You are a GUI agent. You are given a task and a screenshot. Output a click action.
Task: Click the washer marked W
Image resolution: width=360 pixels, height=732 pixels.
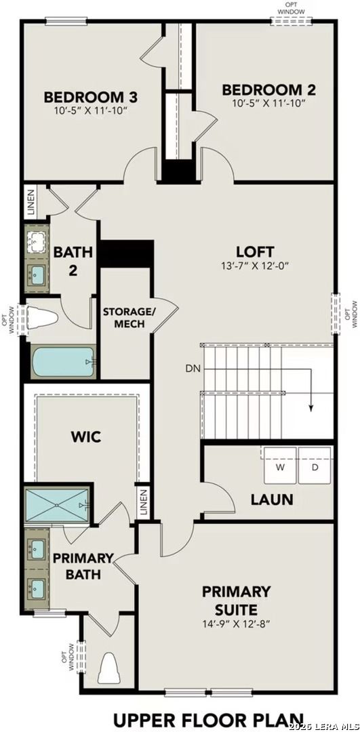coord(280,467)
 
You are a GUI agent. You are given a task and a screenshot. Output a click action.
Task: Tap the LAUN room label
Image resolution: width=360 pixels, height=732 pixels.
coord(271,500)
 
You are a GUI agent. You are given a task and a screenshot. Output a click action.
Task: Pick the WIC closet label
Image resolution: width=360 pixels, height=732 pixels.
coord(85,436)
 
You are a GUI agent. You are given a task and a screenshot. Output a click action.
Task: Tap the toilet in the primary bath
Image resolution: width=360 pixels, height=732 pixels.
coord(108,669)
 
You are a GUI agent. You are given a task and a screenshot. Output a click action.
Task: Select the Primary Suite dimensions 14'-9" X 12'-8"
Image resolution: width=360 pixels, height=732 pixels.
coord(236,624)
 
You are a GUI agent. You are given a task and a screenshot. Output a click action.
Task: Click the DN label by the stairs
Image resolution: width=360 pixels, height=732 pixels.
coord(192,369)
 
